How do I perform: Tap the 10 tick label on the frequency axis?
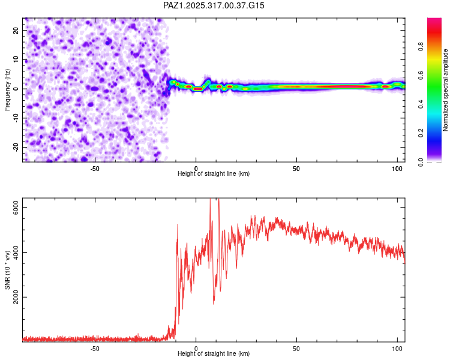(16, 59)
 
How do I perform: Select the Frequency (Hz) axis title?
(7, 89)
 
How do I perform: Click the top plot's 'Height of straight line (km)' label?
(214, 173)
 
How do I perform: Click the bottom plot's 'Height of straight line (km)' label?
(214, 353)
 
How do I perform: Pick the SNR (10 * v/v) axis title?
(7, 270)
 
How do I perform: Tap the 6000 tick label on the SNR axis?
(16, 207)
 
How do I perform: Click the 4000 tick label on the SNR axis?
(16, 252)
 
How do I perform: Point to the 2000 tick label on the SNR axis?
(16, 297)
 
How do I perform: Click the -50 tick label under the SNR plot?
(95, 348)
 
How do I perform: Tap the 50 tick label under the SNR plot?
(296, 348)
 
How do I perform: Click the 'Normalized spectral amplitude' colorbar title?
(445, 90)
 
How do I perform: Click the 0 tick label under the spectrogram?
(196, 168)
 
